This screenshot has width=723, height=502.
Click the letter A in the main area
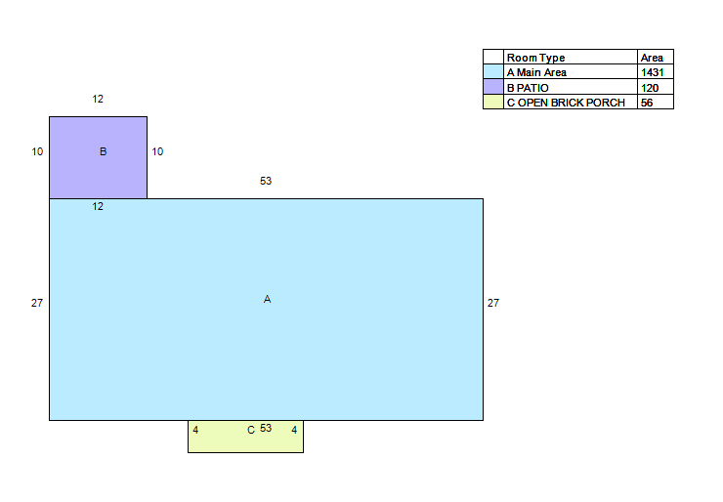pos(267,299)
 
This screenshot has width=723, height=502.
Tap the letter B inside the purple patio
pos(104,151)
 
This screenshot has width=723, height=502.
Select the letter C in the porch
pos(251,430)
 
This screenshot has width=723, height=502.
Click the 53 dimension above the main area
pos(266,181)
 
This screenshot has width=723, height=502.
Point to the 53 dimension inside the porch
pos(266,428)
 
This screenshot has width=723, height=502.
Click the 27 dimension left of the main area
pos(37,303)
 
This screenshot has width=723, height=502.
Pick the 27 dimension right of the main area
pos(493,303)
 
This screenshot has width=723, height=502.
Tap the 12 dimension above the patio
pos(98,99)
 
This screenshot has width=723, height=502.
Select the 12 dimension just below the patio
pos(98,206)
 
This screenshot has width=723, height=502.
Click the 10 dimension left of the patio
pos(37,151)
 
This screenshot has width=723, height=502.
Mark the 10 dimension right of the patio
pos(157,151)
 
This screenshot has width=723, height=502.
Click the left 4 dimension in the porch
pos(195,430)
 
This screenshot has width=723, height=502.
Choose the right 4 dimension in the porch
pos(294,430)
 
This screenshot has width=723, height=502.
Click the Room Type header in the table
pos(535,58)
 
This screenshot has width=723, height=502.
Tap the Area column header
pos(652,58)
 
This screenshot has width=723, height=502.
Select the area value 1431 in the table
pos(652,72)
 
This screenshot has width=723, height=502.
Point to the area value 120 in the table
pos(650,88)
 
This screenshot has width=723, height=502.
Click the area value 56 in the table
pos(647,103)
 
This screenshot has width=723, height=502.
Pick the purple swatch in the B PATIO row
pos(493,87)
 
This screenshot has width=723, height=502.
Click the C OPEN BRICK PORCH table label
pos(566,103)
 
